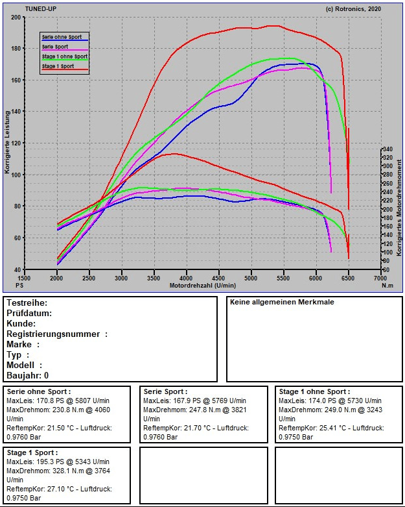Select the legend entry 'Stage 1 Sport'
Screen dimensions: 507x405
[58, 66]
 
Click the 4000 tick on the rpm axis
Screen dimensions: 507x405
[187, 278]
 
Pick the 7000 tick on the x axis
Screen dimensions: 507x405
[381, 278]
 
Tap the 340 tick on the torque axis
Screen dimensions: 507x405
[388, 149]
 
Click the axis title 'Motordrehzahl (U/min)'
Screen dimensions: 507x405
[202, 285]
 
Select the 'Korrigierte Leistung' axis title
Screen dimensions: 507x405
[7, 143]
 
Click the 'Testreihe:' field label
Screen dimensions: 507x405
[27, 303]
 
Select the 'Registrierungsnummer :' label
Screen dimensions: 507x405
[57, 334]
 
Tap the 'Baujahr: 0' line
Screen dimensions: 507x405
[28, 376]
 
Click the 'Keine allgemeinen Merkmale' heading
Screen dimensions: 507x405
[282, 303]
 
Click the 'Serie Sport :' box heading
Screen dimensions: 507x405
[166, 391]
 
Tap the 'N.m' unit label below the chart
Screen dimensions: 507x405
[388, 285]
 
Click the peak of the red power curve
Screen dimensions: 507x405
[273, 26]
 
